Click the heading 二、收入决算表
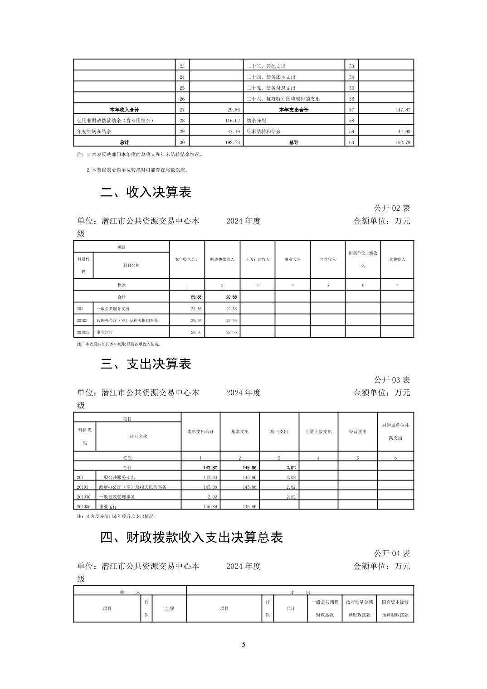click(x=146, y=192)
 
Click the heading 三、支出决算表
click(x=146, y=364)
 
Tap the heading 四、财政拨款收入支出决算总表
click(x=191, y=537)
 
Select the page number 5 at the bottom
click(x=243, y=645)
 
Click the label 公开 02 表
click(x=392, y=208)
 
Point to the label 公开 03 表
click(x=392, y=380)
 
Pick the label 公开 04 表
click(x=392, y=553)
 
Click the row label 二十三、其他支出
click(x=266, y=66)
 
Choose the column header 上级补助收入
click(x=258, y=260)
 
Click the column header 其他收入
click(x=397, y=260)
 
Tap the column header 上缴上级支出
click(x=318, y=432)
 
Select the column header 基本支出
click(x=240, y=432)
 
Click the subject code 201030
click(x=84, y=497)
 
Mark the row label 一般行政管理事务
click(x=117, y=497)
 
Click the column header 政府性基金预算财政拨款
click(x=359, y=609)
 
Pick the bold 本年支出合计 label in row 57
click(x=294, y=110)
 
